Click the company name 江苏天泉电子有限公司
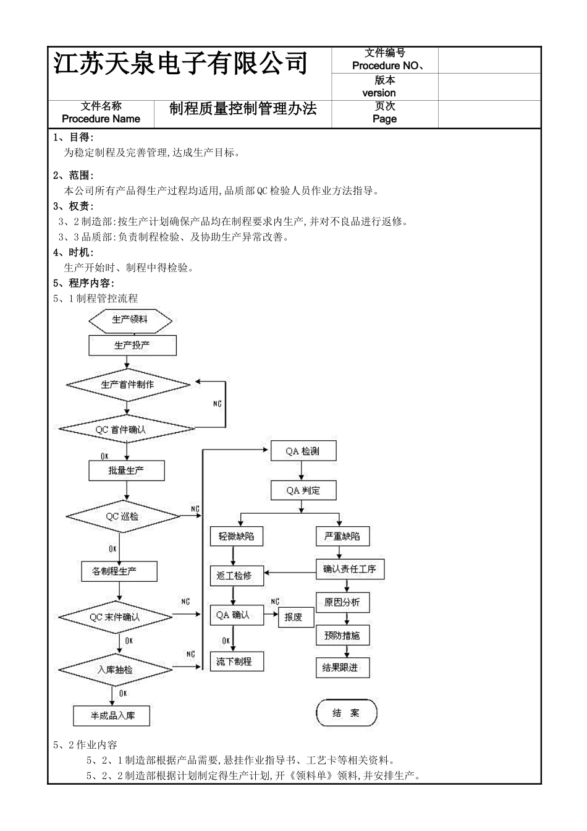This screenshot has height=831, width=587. [x=180, y=64]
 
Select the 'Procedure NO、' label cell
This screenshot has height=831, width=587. [x=386, y=66]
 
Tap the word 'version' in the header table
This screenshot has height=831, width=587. [x=379, y=93]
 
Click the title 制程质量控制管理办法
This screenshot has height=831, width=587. [x=243, y=109]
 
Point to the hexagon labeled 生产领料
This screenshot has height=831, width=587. [x=130, y=320]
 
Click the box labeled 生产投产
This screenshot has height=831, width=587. [x=132, y=346]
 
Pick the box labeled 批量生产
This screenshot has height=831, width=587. [x=126, y=471]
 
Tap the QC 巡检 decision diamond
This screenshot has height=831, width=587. [x=122, y=516]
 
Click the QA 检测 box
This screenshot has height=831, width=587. [x=303, y=451]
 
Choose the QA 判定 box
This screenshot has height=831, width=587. [x=303, y=491]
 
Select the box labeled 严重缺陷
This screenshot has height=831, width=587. [x=342, y=536]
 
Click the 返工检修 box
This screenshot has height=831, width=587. [x=235, y=576]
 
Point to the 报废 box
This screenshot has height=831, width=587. [x=294, y=617]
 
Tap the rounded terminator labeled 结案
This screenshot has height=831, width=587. [x=346, y=713]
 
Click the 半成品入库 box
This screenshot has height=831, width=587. [x=112, y=716]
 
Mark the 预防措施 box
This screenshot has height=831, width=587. [x=342, y=635]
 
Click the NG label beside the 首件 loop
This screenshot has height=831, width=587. [x=217, y=404]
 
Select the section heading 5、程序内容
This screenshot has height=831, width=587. [x=83, y=283]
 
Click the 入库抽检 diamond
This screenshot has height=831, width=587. [x=116, y=670]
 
